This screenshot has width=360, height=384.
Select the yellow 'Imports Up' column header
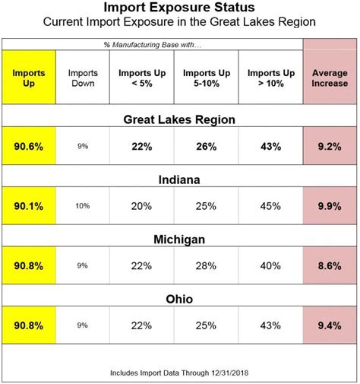click(29, 78)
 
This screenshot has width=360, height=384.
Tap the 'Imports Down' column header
click(82, 78)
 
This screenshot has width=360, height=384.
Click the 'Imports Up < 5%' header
click(141, 78)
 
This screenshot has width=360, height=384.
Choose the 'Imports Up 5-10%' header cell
click(206, 78)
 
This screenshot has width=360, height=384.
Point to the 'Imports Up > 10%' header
click(270, 78)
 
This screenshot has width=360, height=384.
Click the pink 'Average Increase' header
click(330, 78)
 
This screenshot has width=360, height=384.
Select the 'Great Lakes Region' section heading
click(179, 119)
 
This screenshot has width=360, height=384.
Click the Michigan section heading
click(179, 240)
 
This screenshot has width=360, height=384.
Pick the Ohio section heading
click(179, 299)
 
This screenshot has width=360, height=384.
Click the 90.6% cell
click(29, 146)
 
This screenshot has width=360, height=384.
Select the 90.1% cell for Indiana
click(29, 206)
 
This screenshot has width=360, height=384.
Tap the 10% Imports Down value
click(82, 206)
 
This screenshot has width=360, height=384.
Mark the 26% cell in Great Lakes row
click(206, 146)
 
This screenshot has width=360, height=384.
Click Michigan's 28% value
click(206, 266)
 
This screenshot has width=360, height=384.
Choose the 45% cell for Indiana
click(270, 206)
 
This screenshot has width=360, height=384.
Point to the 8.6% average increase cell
click(330, 266)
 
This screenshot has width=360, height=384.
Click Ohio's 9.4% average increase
click(330, 325)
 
